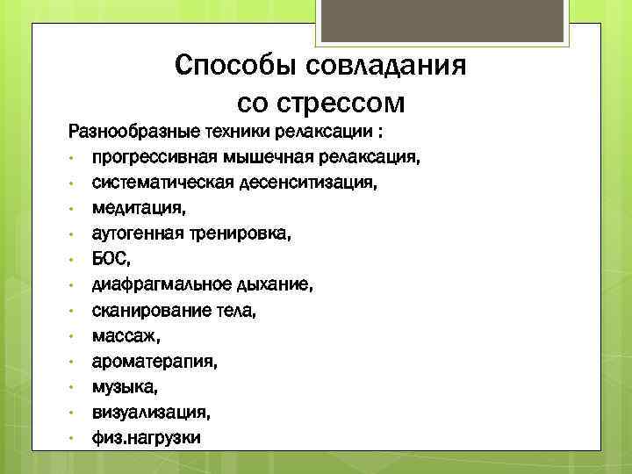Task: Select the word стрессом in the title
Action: [x=345, y=104]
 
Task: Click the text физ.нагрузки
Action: [x=147, y=437]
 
